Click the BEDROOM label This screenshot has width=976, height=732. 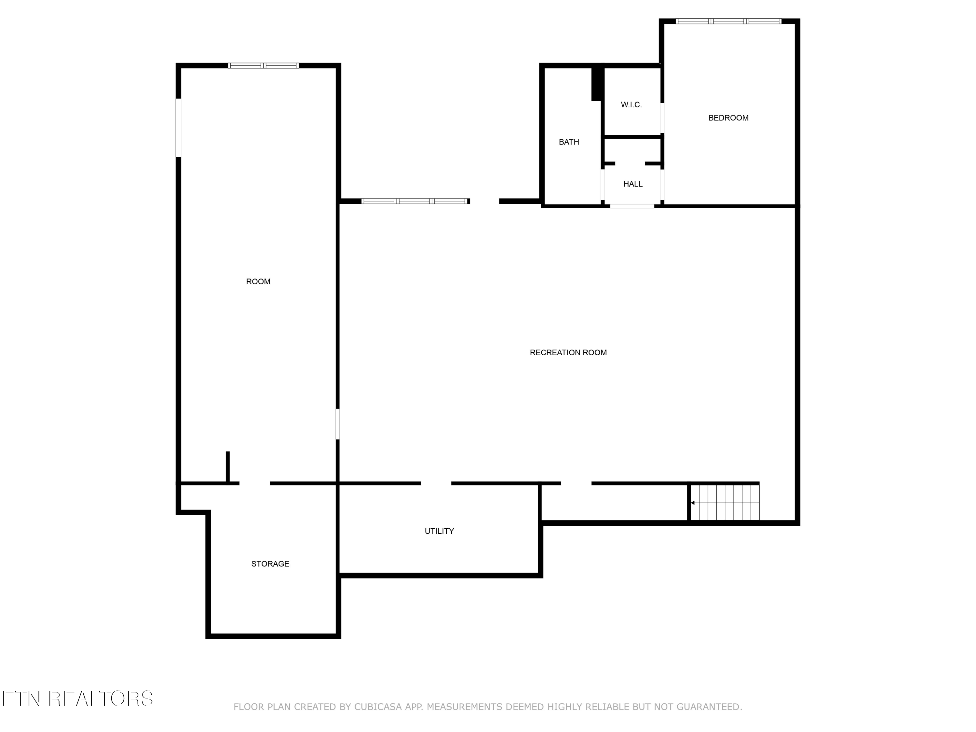[x=728, y=118]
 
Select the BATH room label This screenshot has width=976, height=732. [x=569, y=142]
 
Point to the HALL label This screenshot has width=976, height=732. [x=633, y=184]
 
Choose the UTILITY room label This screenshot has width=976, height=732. [x=439, y=531]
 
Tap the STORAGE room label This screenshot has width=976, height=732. [x=270, y=564]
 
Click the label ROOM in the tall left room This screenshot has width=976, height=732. [x=258, y=281]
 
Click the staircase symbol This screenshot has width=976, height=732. [x=725, y=503]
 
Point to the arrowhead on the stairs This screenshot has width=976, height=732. [x=693, y=503]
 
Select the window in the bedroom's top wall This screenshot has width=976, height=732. [x=728, y=21]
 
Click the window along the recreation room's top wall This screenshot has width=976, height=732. [x=415, y=201]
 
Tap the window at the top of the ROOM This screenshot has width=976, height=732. [x=264, y=66]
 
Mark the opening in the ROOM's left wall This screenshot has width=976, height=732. [x=178, y=128]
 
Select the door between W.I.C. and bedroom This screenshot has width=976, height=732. [x=662, y=118]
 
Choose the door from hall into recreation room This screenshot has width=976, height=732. [x=632, y=206]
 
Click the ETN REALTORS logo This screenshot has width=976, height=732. [x=78, y=698]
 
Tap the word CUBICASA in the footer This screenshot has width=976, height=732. [x=378, y=707]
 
